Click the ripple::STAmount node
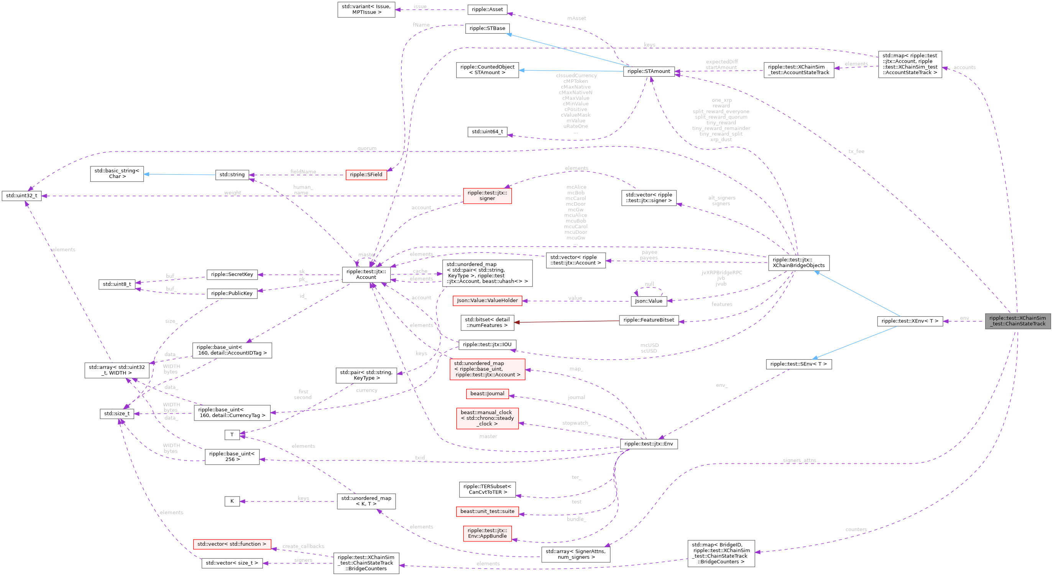coord(648,71)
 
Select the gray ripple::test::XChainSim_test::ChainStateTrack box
coord(1017,321)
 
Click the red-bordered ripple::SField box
coord(366,175)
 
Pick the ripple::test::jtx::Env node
coord(648,444)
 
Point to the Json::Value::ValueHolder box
coord(487,301)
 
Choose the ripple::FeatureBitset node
coord(648,320)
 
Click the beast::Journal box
coord(487,394)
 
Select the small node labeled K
coord(232,501)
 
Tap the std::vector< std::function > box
coord(232,544)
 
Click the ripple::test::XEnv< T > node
coord(910,321)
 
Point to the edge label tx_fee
coord(856,151)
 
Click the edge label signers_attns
coord(799,460)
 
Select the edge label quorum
coord(367,148)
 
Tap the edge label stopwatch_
coord(576,423)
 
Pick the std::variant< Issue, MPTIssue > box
coord(366,10)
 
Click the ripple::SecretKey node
coord(232,274)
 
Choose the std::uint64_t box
coord(487,132)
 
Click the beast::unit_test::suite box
coord(487,512)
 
